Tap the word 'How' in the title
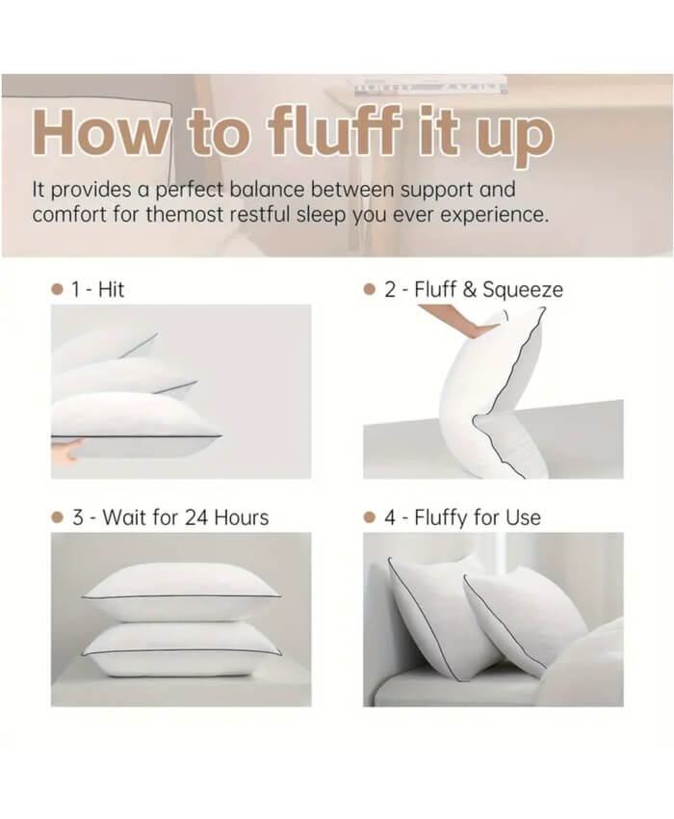[x=100, y=132]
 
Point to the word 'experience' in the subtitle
[x=494, y=215]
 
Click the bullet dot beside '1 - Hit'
[x=58, y=289]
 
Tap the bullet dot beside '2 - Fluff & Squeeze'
[x=369, y=289]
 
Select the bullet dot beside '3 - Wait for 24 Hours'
[x=58, y=517]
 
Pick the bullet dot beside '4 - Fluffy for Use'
[x=369, y=517]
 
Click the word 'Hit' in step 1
[x=111, y=289]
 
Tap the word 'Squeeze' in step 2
[x=523, y=290]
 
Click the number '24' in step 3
[x=196, y=517]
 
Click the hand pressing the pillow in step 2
[x=459, y=321]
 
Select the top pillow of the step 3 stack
[x=181, y=592]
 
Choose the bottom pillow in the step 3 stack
[x=183, y=649]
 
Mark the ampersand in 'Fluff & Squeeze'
[x=469, y=289]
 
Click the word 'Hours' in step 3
[x=242, y=517]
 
